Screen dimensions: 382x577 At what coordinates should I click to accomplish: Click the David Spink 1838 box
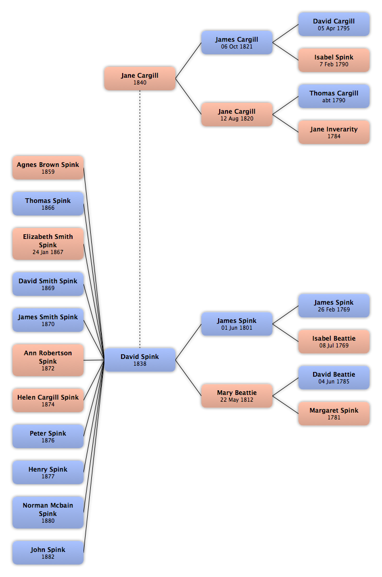click(140, 359)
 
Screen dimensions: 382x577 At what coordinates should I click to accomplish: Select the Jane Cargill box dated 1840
click(140, 78)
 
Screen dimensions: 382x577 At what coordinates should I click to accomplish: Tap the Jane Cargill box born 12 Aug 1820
click(236, 114)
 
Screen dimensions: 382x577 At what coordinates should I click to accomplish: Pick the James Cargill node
click(236, 42)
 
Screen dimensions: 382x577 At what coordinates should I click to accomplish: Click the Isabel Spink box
click(334, 60)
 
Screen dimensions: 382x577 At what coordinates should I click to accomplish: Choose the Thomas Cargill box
click(334, 96)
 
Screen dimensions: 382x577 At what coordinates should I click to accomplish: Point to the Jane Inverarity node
click(334, 132)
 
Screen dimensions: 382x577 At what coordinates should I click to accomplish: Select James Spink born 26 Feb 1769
click(334, 305)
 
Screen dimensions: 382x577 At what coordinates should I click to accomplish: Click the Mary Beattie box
click(236, 395)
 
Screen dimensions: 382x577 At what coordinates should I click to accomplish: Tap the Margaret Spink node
click(334, 413)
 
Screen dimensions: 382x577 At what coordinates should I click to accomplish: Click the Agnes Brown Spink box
click(48, 167)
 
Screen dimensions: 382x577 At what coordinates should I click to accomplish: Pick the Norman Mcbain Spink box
click(48, 512)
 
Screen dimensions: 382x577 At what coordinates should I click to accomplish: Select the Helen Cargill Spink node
click(48, 400)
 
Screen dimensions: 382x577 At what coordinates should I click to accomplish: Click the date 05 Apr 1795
click(334, 28)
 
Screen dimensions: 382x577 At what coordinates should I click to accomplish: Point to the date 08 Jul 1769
click(334, 345)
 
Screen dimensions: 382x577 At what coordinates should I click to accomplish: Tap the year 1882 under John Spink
click(48, 557)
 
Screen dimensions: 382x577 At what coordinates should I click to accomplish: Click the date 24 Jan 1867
click(48, 252)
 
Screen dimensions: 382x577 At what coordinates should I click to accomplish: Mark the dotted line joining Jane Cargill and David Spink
click(140, 219)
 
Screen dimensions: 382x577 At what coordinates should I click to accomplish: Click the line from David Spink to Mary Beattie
click(188, 378)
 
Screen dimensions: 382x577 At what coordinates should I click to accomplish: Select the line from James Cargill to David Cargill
click(285, 33)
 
